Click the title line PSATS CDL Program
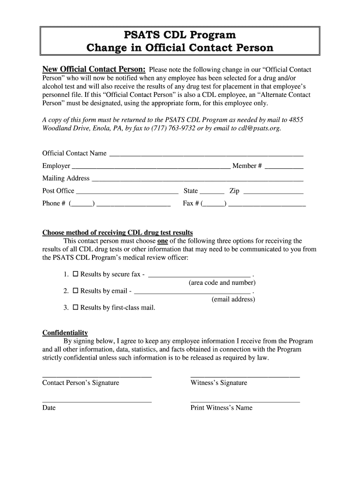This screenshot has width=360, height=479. (180, 35)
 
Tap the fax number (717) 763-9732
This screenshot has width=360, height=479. (169, 128)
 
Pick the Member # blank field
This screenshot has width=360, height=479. (284, 166)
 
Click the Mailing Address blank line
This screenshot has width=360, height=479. (197, 179)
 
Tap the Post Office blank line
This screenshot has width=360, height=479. (127, 191)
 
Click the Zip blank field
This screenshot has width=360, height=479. (274, 191)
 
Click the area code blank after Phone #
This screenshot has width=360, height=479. (81, 204)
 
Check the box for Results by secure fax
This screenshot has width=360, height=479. (75, 274)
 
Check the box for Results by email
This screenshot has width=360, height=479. (75, 291)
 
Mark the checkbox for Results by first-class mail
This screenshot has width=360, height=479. (75, 308)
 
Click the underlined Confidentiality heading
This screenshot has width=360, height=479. (65, 333)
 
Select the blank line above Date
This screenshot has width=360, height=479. (97, 401)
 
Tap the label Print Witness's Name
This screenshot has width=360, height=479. (221, 408)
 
